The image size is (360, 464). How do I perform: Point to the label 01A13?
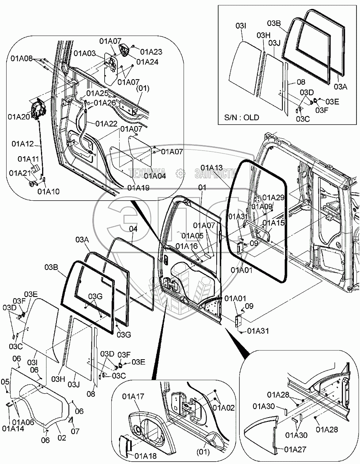click(212, 167)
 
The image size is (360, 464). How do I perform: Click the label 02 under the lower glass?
click(62, 438)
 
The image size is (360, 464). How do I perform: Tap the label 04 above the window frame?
click(133, 229)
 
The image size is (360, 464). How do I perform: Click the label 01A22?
click(107, 123)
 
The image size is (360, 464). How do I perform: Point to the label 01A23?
click(151, 51)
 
